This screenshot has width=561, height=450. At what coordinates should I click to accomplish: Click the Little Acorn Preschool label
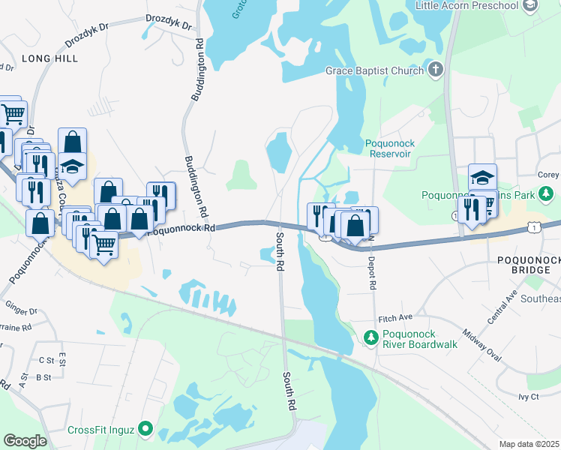tap(466, 6)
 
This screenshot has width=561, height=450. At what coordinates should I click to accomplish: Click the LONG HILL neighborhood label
tap(50, 58)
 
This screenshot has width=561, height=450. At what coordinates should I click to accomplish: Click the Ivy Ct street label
tap(528, 396)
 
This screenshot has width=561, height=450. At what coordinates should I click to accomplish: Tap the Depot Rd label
tap(371, 270)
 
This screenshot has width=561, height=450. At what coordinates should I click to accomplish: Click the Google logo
tap(25, 441)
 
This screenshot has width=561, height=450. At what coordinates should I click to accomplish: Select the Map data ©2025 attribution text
tap(529, 444)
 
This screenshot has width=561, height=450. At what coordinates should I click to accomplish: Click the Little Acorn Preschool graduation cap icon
tap(531, 6)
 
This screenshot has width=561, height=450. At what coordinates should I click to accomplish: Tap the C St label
tap(46, 360)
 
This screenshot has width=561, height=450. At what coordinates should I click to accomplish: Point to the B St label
tap(43, 377)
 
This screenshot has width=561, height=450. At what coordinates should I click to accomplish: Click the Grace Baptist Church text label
tap(374, 71)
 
